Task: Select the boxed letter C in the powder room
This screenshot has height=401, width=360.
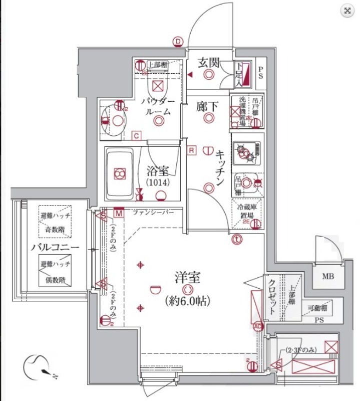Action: point(136,134)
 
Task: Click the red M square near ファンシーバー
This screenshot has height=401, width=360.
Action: point(119,213)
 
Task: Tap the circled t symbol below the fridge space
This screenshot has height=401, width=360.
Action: point(237,240)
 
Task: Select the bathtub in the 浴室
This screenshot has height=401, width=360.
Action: point(120,173)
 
